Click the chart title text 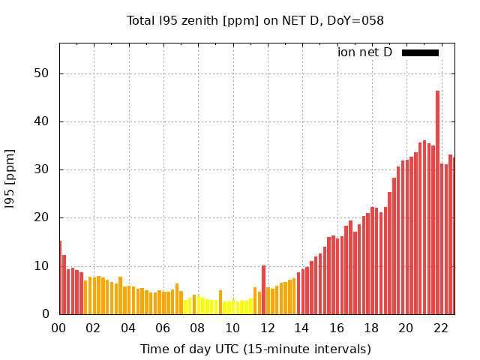(255, 20)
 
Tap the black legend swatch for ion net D (420, 52)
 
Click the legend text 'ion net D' (364, 52)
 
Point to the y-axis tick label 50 (42, 73)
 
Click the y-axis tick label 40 (42, 121)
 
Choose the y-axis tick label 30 (42, 169)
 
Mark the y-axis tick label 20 (42, 217)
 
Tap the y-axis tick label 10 (42, 266)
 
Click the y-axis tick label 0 (46, 314)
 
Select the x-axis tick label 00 (59, 328)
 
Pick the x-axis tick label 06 (163, 328)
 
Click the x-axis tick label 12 (267, 328)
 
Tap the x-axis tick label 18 (371, 328)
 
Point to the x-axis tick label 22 (440, 328)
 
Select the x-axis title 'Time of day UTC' (255, 349)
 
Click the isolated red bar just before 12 (263, 290)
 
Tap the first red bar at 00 (61, 277)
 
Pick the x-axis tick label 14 (301, 328)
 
